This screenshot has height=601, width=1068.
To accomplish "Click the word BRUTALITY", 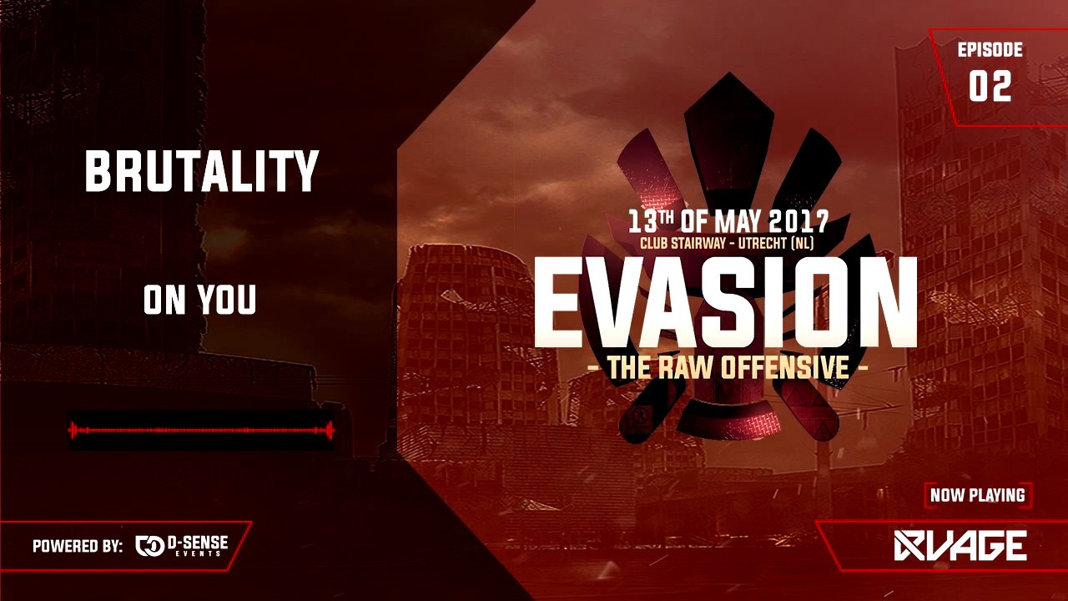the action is [x=201, y=170].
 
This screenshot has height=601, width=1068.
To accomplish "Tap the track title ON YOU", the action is [x=199, y=300].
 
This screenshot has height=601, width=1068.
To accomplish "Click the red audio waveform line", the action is [x=201, y=430].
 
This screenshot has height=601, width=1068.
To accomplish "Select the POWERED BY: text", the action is [x=78, y=546].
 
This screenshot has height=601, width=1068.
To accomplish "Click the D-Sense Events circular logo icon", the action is [x=149, y=546].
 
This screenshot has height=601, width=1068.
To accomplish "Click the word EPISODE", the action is [x=990, y=49].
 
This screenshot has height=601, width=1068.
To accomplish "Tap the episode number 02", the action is [x=990, y=86].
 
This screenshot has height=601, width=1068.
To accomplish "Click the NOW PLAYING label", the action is [x=977, y=495].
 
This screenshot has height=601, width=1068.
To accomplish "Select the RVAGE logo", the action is [x=960, y=546].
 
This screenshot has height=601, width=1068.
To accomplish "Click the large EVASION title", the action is [x=725, y=302].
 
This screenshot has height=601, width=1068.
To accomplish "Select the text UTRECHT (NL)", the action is [x=776, y=243].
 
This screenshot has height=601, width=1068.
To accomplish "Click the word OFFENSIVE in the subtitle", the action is [x=785, y=367].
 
